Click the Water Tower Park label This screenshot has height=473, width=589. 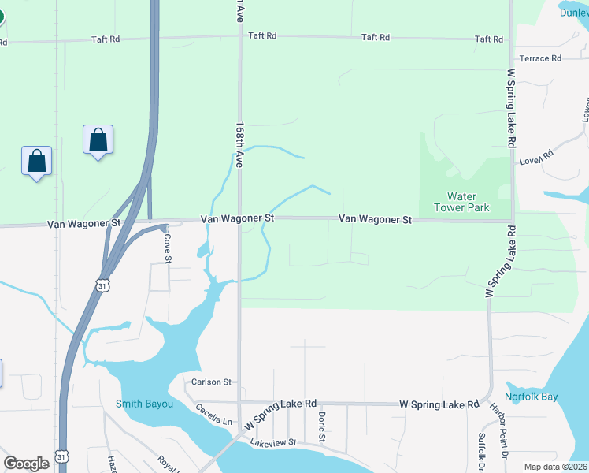click(x=468, y=202)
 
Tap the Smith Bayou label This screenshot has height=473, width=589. click(x=144, y=404)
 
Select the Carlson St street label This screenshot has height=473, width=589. click(x=211, y=382)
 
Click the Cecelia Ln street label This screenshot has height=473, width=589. click(x=214, y=415)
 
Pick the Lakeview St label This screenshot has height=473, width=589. click(x=272, y=443)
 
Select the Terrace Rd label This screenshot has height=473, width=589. click(x=540, y=58)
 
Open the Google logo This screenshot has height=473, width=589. click(x=26, y=464)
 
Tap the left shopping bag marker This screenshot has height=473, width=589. click(x=37, y=162)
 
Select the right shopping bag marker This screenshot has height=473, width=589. click(x=98, y=140)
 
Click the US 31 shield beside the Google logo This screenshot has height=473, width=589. click(x=61, y=456)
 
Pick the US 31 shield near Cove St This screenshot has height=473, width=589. click(x=102, y=285)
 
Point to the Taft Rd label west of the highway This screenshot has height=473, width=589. click(x=105, y=39)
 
